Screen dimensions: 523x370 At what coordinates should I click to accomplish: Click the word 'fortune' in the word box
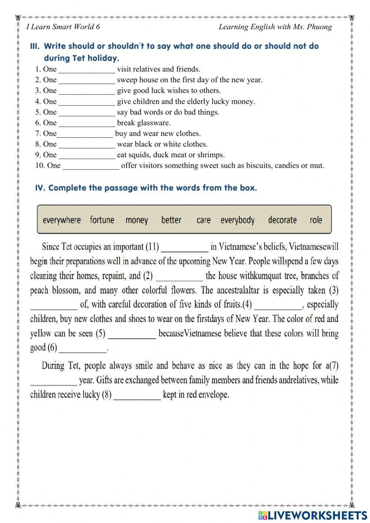pos(102,220)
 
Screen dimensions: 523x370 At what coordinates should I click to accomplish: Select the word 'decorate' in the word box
pos(282,220)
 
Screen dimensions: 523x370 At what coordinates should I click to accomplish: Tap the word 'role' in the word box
pos(316,220)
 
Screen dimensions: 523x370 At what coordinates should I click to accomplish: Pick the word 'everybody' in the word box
pos(238,220)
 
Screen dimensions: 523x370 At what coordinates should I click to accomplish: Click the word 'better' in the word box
pos(171,220)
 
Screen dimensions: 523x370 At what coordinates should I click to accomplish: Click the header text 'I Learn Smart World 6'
pos(63,27)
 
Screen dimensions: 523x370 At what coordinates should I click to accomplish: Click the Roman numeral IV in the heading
pos(40,188)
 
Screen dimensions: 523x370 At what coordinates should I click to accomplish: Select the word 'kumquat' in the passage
pos(270,276)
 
